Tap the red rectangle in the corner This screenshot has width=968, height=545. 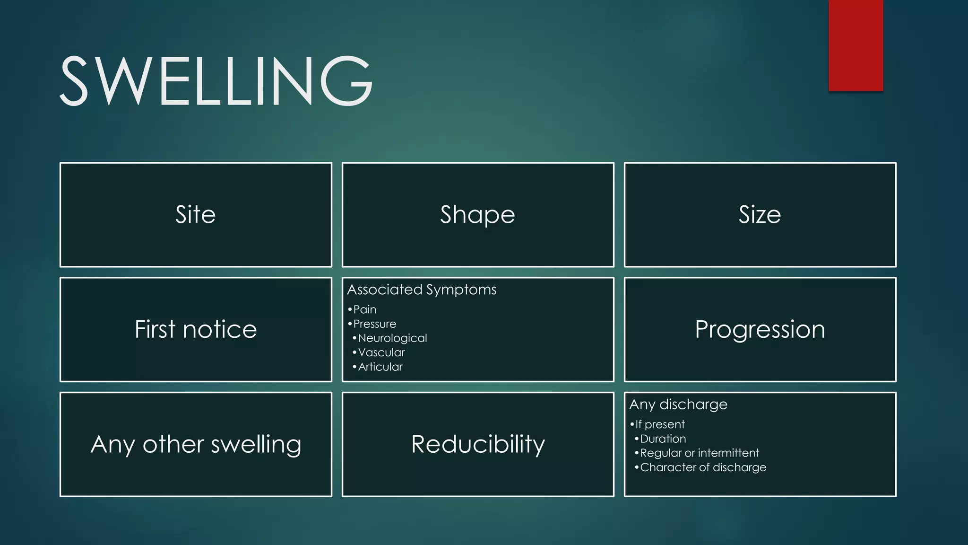tap(856, 45)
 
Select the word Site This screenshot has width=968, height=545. tap(196, 214)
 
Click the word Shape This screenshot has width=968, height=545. tap(477, 214)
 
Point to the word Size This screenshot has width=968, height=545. tap(760, 214)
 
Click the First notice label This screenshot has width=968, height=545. tap(196, 329)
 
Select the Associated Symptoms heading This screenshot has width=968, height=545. tap(422, 290)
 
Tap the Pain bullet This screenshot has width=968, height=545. tap(364, 309)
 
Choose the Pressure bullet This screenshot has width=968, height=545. tap(374, 324)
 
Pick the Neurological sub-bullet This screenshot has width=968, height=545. tap(392, 338)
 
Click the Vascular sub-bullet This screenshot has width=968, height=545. tap(381, 352)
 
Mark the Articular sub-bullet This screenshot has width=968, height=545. tap(380, 367)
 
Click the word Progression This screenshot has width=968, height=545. tap(760, 329)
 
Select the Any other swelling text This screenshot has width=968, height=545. tap(196, 444)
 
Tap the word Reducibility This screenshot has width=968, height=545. tap(478, 444)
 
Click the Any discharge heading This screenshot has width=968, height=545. tap(678, 404)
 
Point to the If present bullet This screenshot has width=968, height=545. tap(659, 424)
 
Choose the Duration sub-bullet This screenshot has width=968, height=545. tap(663, 439)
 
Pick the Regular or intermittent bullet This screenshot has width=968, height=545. tap(699, 453)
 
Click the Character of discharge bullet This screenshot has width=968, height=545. tap(703, 467)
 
